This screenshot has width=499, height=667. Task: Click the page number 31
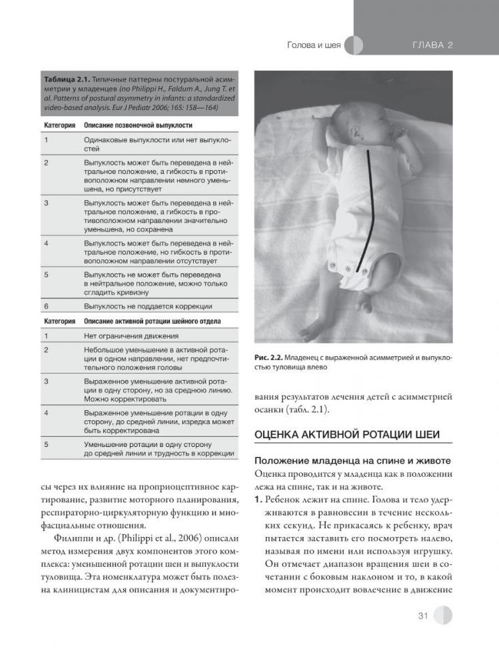point(422,616)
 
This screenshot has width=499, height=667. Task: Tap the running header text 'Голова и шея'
point(314,45)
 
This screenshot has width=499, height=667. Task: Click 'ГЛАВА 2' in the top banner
point(433,45)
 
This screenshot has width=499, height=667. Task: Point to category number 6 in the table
point(47,306)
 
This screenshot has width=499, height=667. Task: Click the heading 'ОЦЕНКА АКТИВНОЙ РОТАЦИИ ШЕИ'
point(347,434)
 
